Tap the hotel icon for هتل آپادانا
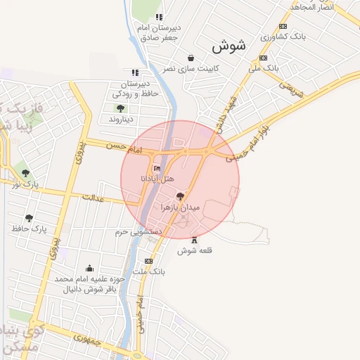157,168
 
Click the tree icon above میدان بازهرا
181,197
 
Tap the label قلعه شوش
195,250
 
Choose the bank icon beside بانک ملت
148,261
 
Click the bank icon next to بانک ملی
263,58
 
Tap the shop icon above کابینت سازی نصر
191,58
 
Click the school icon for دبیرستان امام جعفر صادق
160,17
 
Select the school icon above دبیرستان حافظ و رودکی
134,72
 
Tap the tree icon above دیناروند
120,108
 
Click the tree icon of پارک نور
26,172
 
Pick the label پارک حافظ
29,229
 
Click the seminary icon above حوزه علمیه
89,268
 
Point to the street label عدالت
93,198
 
